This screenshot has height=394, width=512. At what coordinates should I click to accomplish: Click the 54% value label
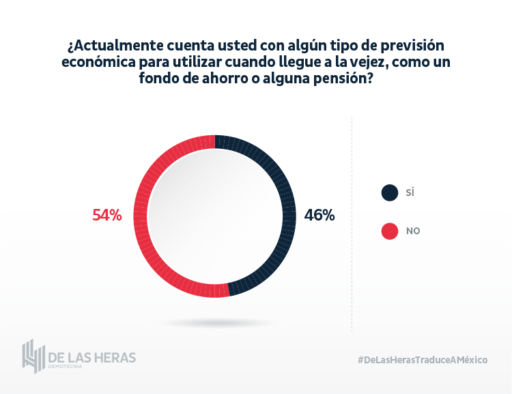click(x=107, y=215)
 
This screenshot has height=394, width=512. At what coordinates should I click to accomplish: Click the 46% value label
click(x=319, y=215)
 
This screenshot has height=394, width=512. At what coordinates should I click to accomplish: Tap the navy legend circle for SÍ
click(x=389, y=193)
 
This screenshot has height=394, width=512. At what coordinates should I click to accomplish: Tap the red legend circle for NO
click(x=389, y=231)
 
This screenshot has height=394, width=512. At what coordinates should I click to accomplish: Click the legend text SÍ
click(x=410, y=193)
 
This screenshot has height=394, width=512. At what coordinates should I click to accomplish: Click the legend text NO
click(x=413, y=231)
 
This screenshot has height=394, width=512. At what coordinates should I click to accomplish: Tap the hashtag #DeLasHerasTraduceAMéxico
click(x=422, y=360)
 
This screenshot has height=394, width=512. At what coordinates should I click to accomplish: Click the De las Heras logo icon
click(x=33, y=356)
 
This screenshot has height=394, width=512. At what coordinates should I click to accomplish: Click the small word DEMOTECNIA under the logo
click(x=66, y=367)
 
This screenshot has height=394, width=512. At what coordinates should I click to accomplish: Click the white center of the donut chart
click(x=215, y=216)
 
